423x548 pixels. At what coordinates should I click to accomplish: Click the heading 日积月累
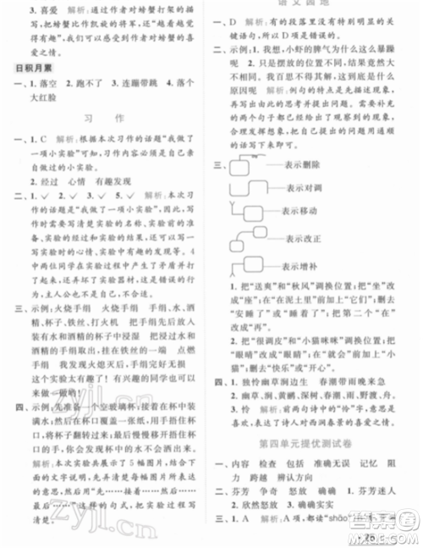(x=29, y=67)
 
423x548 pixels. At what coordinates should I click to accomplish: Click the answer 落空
(x=37, y=86)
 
